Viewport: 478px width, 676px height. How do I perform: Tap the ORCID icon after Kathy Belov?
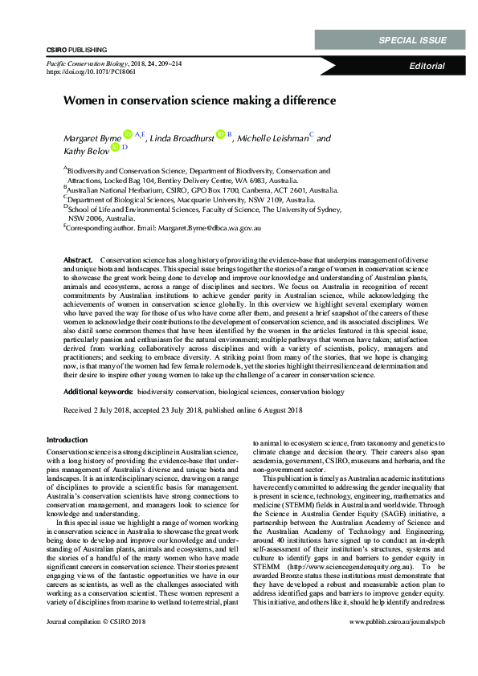click(x=115, y=148)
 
